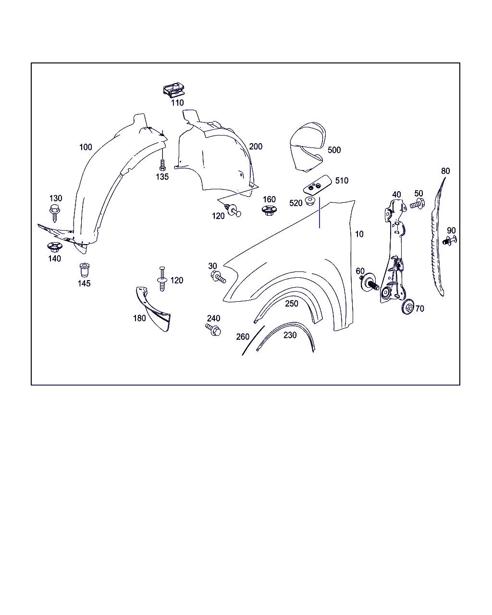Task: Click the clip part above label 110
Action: (x=174, y=89)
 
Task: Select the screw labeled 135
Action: (x=162, y=165)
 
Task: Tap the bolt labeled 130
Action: (x=54, y=213)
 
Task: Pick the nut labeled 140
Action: (x=55, y=247)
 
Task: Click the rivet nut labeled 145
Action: (x=85, y=270)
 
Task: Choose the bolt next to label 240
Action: (x=213, y=330)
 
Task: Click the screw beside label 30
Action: (x=218, y=277)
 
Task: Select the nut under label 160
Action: (x=269, y=210)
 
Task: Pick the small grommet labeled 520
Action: (x=310, y=201)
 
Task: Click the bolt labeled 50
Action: (x=418, y=204)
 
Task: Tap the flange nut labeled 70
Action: (x=408, y=307)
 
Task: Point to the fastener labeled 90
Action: (x=450, y=241)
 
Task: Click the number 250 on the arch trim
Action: (x=292, y=304)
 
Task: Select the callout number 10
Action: (x=359, y=234)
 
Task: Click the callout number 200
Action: (x=256, y=147)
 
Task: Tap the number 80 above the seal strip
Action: (x=445, y=171)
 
